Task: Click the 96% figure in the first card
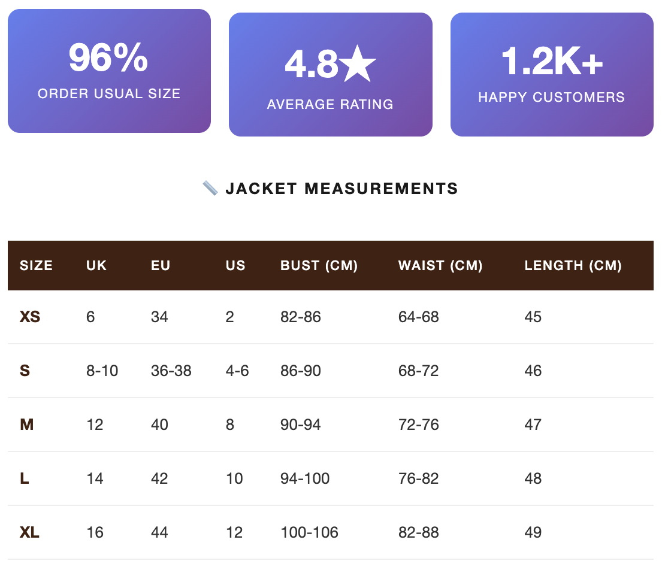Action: pyautogui.click(x=108, y=57)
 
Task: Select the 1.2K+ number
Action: pyautogui.click(x=552, y=61)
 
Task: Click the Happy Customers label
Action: pyautogui.click(x=552, y=97)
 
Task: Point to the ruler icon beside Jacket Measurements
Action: pyautogui.click(x=210, y=189)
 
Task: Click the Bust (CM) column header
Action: pyautogui.click(x=319, y=265)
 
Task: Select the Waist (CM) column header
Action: pyautogui.click(x=440, y=265)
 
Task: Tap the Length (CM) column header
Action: pyautogui.click(x=573, y=265)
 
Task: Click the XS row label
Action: pyautogui.click(x=30, y=317)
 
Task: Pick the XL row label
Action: pyautogui.click(x=30, y=532)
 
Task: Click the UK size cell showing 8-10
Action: pyautogui.click(x=102, y=371)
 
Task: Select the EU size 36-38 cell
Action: pyautogui.click(x=171, y=371)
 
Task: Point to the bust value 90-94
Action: pyautogui.click(x=301, y=425)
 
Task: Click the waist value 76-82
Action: pyautogui.click(x=419, y=478)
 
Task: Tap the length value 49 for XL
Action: pyautogui.click(x=533, y=532)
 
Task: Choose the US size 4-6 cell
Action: pyautogui.click(x=237, y=371)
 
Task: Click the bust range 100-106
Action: pyautogui.click(x=309, y=532)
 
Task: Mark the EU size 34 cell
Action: pyautogui.click(x=159, y=317)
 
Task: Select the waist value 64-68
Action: pyautogui.click(x=419, y=317)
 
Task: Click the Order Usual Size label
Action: pyautogui.click(x=109, y=93)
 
